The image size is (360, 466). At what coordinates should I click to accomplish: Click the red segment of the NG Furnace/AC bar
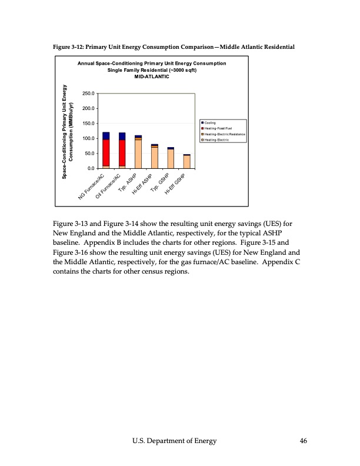click(x=106, y=152)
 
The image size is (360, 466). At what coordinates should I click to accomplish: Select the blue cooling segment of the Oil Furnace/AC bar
click(x=122, y=136)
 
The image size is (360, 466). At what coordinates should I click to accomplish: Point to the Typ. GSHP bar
click(x=171, y=159)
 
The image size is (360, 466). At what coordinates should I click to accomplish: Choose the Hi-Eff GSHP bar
click(x=186, y=162)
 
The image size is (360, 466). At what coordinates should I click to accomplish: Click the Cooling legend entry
click(x=210, y=122)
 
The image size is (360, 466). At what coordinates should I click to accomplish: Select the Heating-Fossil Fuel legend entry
click(x=218, y=128)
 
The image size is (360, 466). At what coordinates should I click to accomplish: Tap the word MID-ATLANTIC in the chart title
click(x=152, y=77)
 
